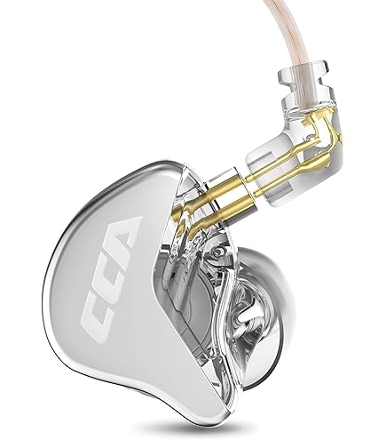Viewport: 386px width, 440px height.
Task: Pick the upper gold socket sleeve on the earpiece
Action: point(224,184)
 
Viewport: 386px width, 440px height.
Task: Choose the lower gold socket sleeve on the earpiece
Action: point(233,207)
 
